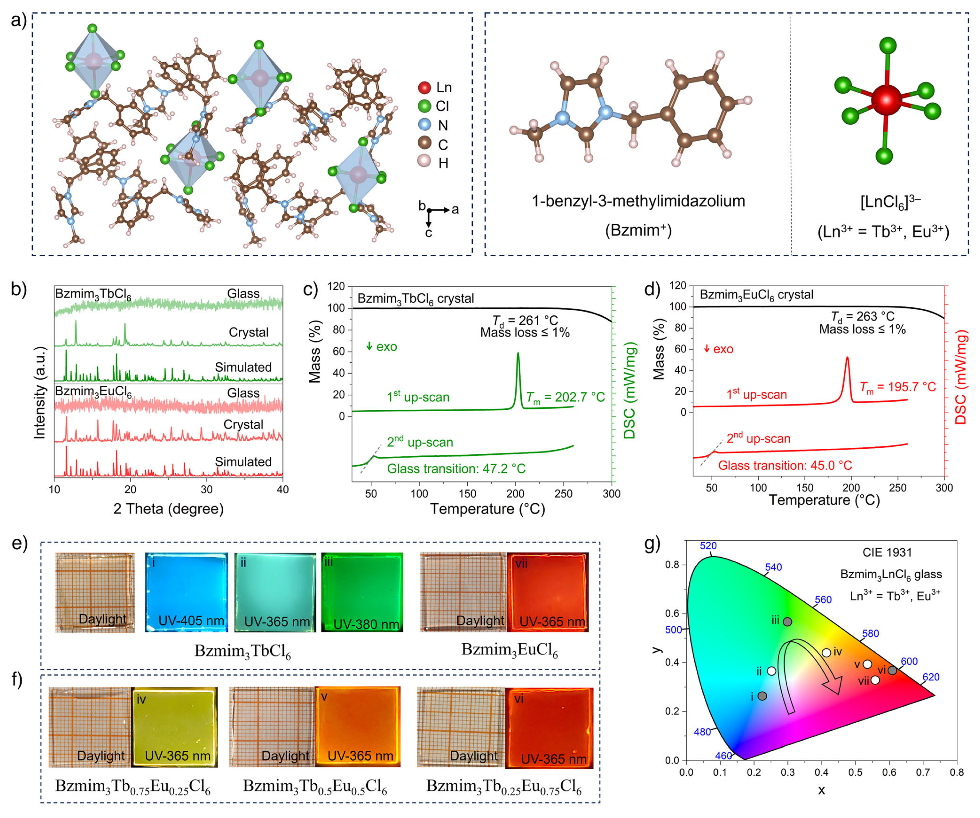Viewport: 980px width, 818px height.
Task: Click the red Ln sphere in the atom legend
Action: click(x=424, y=87)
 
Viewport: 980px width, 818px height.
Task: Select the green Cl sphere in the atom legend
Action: click(x=424, y=106)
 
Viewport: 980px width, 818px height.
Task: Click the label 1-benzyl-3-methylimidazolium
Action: click(x=638, y=201)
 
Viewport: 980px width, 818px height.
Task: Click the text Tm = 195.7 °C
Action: click(x=897, y=387)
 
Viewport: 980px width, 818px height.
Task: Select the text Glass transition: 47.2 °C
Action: click(x=456, y=469)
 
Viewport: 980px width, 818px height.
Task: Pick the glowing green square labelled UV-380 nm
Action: click(x=362, y=592)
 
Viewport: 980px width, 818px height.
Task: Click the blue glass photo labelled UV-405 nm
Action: click(x=186, y=592)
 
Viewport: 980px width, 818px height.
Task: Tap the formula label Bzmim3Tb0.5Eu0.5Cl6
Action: click(x=315, y=786)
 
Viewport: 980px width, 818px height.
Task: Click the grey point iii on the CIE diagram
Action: click(x=787, y=622)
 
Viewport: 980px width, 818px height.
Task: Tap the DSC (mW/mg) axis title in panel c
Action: click(x=630, y=391)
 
